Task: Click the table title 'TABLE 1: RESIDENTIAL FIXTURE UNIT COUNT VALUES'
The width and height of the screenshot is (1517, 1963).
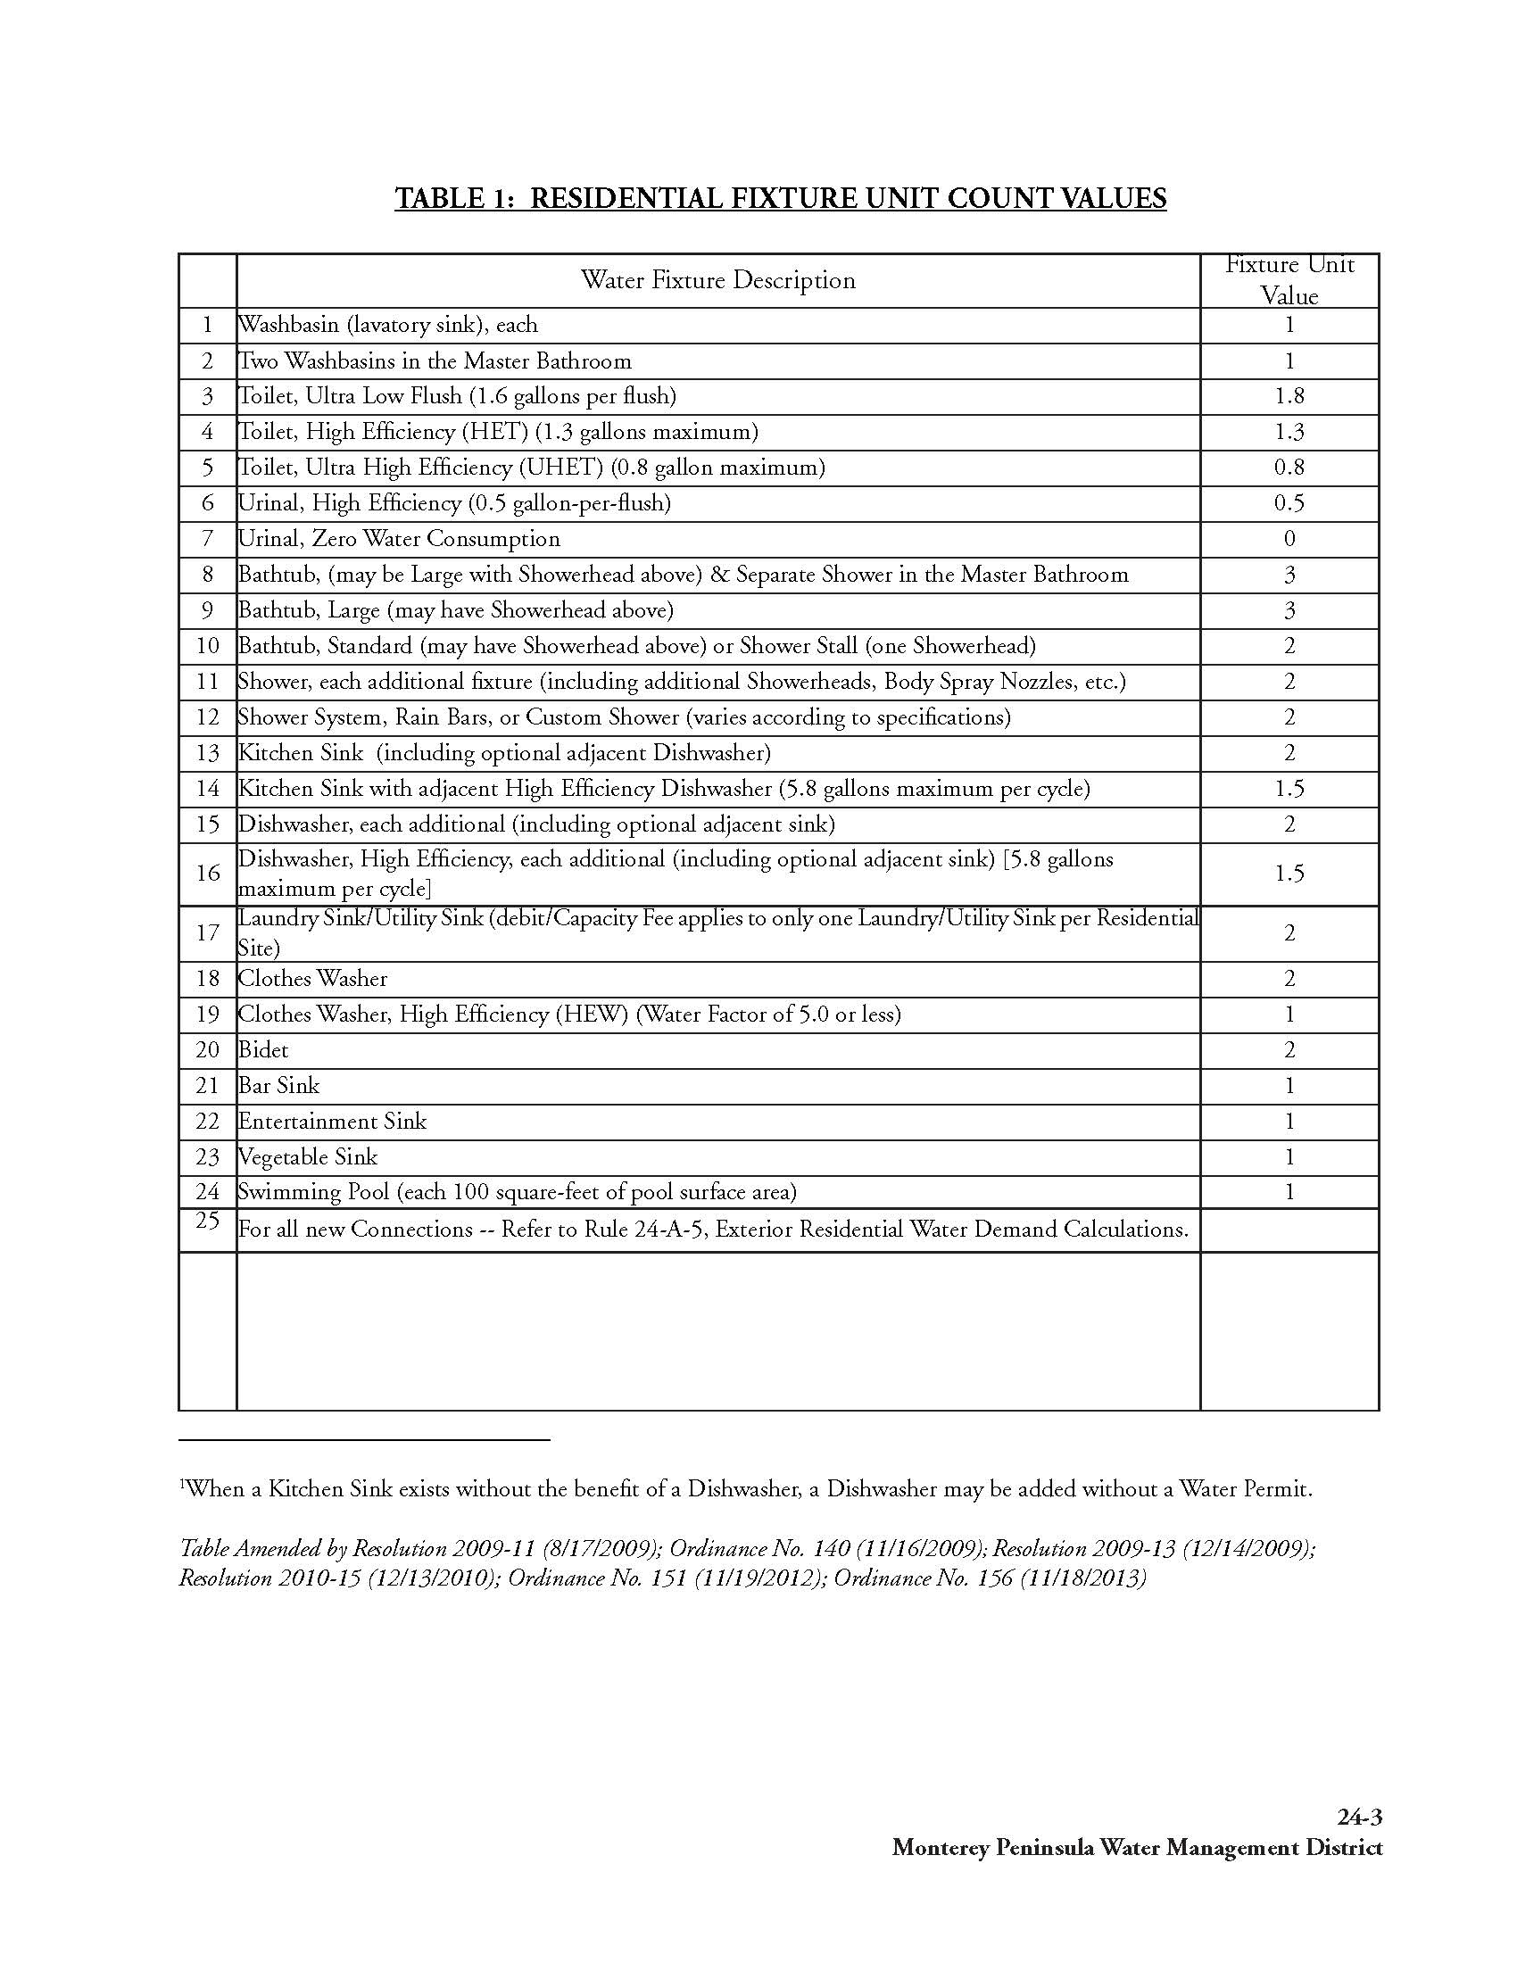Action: [x=780, y=198]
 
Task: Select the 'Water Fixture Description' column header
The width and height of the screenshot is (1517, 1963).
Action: [x=717, y=280]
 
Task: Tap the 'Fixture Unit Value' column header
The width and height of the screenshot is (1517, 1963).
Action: [x=1289, y=280]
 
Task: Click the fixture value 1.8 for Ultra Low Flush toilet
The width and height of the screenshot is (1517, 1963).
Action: [x=1289, y=396]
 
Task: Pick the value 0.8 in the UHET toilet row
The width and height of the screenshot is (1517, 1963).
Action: [x=1289, y=468]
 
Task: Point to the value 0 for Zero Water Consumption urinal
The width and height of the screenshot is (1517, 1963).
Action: [x=1289, y=539]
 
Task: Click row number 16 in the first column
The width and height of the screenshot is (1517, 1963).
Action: [x=208, y=873]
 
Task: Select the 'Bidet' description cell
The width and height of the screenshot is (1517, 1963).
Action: [x=263, y=1050]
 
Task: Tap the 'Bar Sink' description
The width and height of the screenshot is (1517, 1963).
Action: [x=278, y=1086]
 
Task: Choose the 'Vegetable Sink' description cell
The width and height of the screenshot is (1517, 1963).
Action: [x=307, y=1156]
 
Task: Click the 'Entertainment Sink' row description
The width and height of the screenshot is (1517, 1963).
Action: [x=332, y=1122]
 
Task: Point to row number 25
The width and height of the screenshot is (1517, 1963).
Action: [x=208, y=1221]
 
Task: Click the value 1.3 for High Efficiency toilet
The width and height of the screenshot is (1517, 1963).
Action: [x=1289, y=433]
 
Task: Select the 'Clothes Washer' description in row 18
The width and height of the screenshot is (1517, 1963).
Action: [x=312, y=979]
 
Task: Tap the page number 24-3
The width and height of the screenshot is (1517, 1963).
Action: [x=1359, y=1818]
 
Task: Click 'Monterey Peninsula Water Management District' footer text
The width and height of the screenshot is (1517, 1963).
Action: [x=1137, y=1848]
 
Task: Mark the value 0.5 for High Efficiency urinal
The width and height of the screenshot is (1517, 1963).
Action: [x=1289, y=503]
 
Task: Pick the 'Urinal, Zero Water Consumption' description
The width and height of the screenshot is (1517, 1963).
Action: [x=399, y=539]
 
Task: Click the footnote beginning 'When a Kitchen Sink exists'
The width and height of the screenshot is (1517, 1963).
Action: [x=746, y=1489]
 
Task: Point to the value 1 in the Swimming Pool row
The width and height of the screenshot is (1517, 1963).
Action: [x=1289, y=1193]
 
